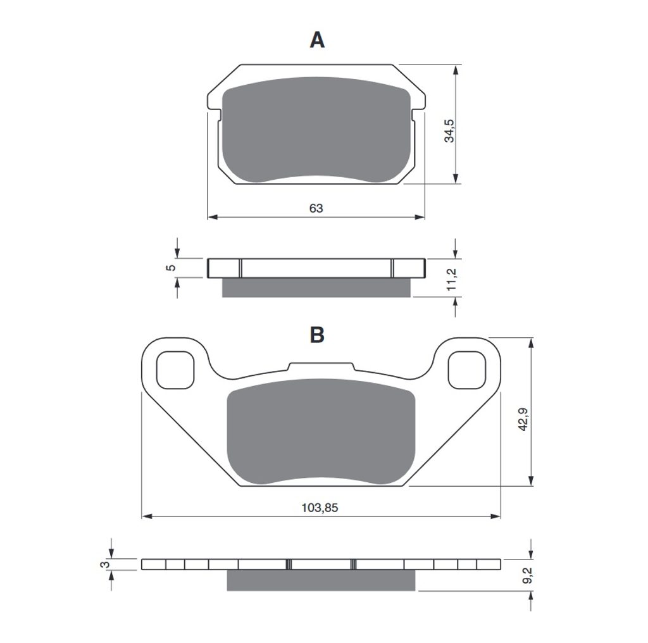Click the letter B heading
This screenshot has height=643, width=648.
coord(317,335)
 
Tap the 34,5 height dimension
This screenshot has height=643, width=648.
coord(449,131)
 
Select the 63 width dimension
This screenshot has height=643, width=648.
coord(316,208)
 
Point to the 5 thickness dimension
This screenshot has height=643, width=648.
coord(171,268)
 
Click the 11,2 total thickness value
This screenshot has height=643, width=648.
coord(451,279)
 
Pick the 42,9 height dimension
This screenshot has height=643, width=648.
coord(523,420)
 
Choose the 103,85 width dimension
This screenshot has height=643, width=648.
coord(320,508)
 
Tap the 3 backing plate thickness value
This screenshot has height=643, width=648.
coord(106,565)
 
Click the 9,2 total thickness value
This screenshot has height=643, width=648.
coord(527,575)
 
